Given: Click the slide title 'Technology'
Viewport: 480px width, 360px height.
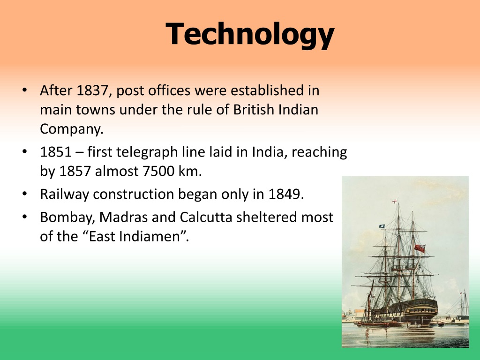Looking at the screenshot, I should (x=250, y=34).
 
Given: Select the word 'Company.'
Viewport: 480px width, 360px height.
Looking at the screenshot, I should (x=71, y=129).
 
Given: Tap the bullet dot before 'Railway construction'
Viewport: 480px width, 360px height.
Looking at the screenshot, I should (x=24, y=194).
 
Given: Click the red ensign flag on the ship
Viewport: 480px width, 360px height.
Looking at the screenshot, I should (x=419, y=248).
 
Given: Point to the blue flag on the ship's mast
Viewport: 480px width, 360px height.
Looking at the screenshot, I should (x=382, y=226).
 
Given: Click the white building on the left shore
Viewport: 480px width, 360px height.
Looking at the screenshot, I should (x=354, y=314).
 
